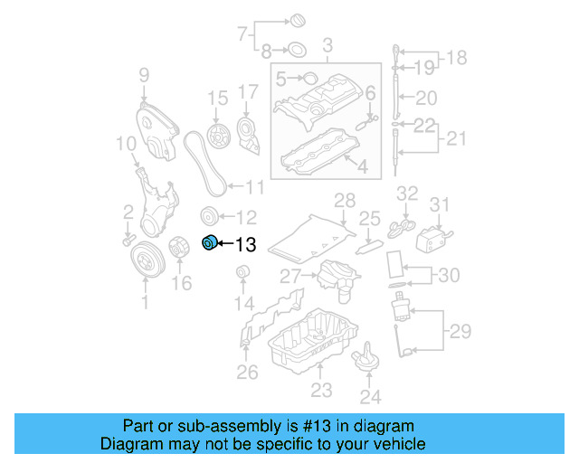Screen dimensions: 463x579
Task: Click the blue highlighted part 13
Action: [209, 242]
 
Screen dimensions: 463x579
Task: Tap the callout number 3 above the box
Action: [327, 44]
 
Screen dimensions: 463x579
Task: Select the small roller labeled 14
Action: [242, 273]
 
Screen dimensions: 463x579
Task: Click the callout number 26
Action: [247, 372]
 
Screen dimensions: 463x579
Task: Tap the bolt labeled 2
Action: [128, 239]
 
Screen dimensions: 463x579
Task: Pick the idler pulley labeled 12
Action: [207, 216]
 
